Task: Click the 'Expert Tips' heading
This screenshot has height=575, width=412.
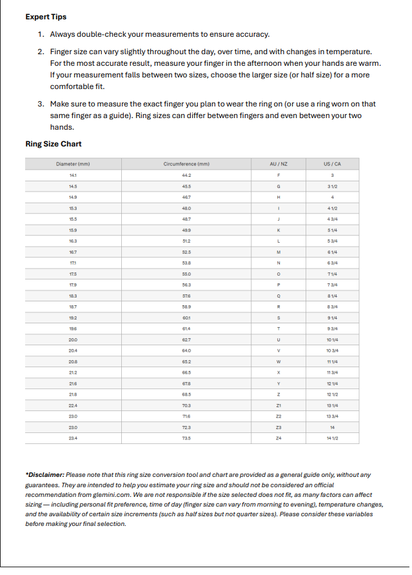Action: click(x=46, y=17)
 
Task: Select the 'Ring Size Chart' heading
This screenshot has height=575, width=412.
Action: click(x=54, y=144)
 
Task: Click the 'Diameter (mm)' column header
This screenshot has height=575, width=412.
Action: click(x=73, y=165)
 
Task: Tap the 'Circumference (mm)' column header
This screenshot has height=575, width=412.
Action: click(x=187, y=165)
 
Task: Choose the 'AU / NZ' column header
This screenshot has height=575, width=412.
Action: click(x=279, y=165)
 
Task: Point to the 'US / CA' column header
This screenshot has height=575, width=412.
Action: click(x=332, y=165)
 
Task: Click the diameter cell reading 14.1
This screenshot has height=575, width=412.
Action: click(x=73, y=176)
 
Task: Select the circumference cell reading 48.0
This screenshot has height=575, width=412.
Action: click(x=187, y=208)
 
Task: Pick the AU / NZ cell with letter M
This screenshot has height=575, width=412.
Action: click(x=279, y=252)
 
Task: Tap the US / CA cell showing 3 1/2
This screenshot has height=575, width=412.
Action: click(x=332, y=187)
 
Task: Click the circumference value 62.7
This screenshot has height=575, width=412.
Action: click(x=187, y=339)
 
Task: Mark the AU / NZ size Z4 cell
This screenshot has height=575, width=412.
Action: click(x=279, y=438)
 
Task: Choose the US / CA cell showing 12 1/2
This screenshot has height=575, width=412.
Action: click(x=332, y=394)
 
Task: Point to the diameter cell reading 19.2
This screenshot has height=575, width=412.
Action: click(x=73, y=318)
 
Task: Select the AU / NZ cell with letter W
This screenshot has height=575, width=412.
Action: click(x=279, y=361)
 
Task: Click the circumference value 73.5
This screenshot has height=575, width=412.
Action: click(x=187, y=438)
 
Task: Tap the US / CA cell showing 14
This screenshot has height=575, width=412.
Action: click(x=332, y=427)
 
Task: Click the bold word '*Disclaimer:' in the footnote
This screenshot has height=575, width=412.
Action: click(x=46, y=475)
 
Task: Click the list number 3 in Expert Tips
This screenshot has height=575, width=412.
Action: click(x=40, y=104)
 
